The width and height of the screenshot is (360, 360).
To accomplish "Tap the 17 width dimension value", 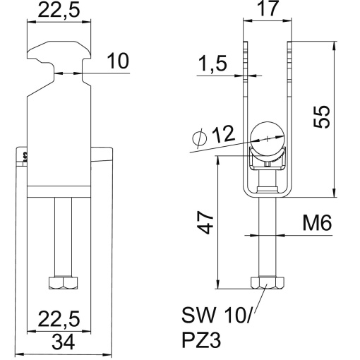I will (266, 11).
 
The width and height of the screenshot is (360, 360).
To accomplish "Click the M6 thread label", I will (317, 224).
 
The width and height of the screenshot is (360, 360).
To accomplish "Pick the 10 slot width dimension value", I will (118, 62).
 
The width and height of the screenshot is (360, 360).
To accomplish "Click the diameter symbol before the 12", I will (199, 138).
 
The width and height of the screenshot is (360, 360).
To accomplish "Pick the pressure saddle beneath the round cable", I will (268, 161).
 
